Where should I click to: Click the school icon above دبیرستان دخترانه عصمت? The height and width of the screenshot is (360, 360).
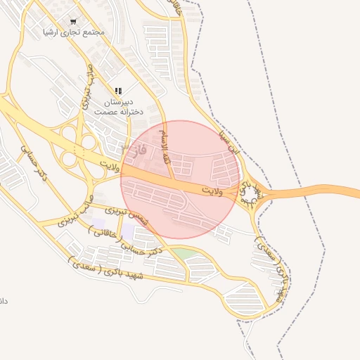coord(118,91)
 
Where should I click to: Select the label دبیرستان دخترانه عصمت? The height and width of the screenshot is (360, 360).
coord(118,107)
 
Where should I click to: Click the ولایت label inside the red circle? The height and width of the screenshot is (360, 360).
coord(211,190)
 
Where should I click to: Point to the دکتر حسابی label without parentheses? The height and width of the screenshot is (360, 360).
coord(32,162)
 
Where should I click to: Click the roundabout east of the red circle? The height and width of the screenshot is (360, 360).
coord(250,191)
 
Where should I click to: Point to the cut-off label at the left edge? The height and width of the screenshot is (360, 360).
coord(3,301)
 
